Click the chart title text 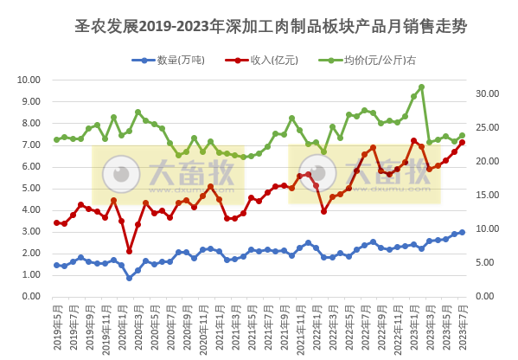click(271, 27)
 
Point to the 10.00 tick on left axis click(29, 80)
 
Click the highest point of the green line click(421, 87)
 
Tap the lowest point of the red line click(130, 251)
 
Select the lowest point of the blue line click(130, 278)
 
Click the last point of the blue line click(462, 232)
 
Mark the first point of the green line click(56, 139)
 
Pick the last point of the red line click(462, 143)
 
